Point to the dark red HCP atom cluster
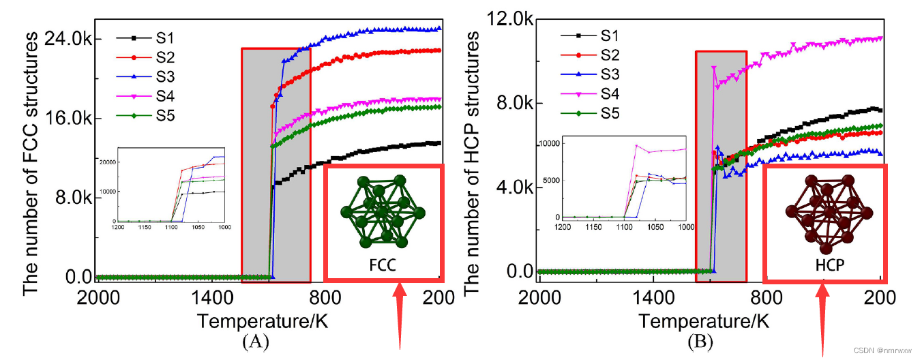click(x=825, y=211)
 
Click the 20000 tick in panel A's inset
click(x=107, y=161)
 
